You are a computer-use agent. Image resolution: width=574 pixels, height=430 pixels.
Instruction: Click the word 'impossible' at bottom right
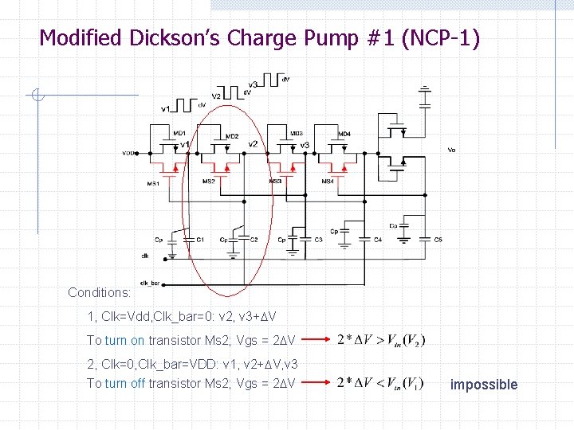tap(483, 385)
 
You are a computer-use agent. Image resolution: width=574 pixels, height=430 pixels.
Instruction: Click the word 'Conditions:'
tap(100, 292)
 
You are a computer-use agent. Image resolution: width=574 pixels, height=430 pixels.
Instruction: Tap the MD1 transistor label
tap(179, 133)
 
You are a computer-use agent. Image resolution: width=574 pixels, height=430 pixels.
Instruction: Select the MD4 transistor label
tap(344, 134)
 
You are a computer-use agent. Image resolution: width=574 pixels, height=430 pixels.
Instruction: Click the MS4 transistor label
tap(328, 182)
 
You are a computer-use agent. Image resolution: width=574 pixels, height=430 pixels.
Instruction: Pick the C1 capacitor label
tap(200, 239)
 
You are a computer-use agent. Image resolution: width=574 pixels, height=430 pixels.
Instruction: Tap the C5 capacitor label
tap(438, 239)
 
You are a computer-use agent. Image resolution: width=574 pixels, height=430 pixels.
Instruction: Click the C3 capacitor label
tap(318, 239)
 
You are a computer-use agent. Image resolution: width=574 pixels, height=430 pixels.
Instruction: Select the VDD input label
tap(128, 153)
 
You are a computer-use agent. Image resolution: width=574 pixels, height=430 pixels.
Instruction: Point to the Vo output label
tap(451, 149)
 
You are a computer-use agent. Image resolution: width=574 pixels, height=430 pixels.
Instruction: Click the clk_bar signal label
tap(149, 283)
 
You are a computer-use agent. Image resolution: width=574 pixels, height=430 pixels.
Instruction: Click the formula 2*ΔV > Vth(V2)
tap(381, 340)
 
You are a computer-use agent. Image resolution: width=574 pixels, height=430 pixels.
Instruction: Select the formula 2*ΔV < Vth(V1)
tap(381, 383)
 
